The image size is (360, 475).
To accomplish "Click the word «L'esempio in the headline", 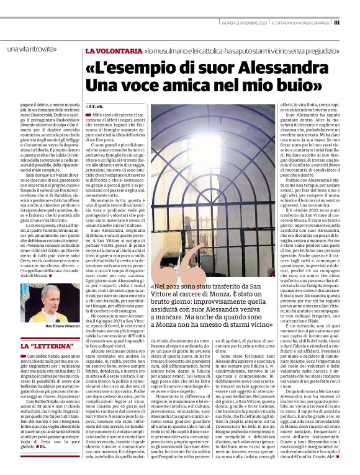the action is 124,66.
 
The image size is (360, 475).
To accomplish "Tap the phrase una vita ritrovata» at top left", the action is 29,49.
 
